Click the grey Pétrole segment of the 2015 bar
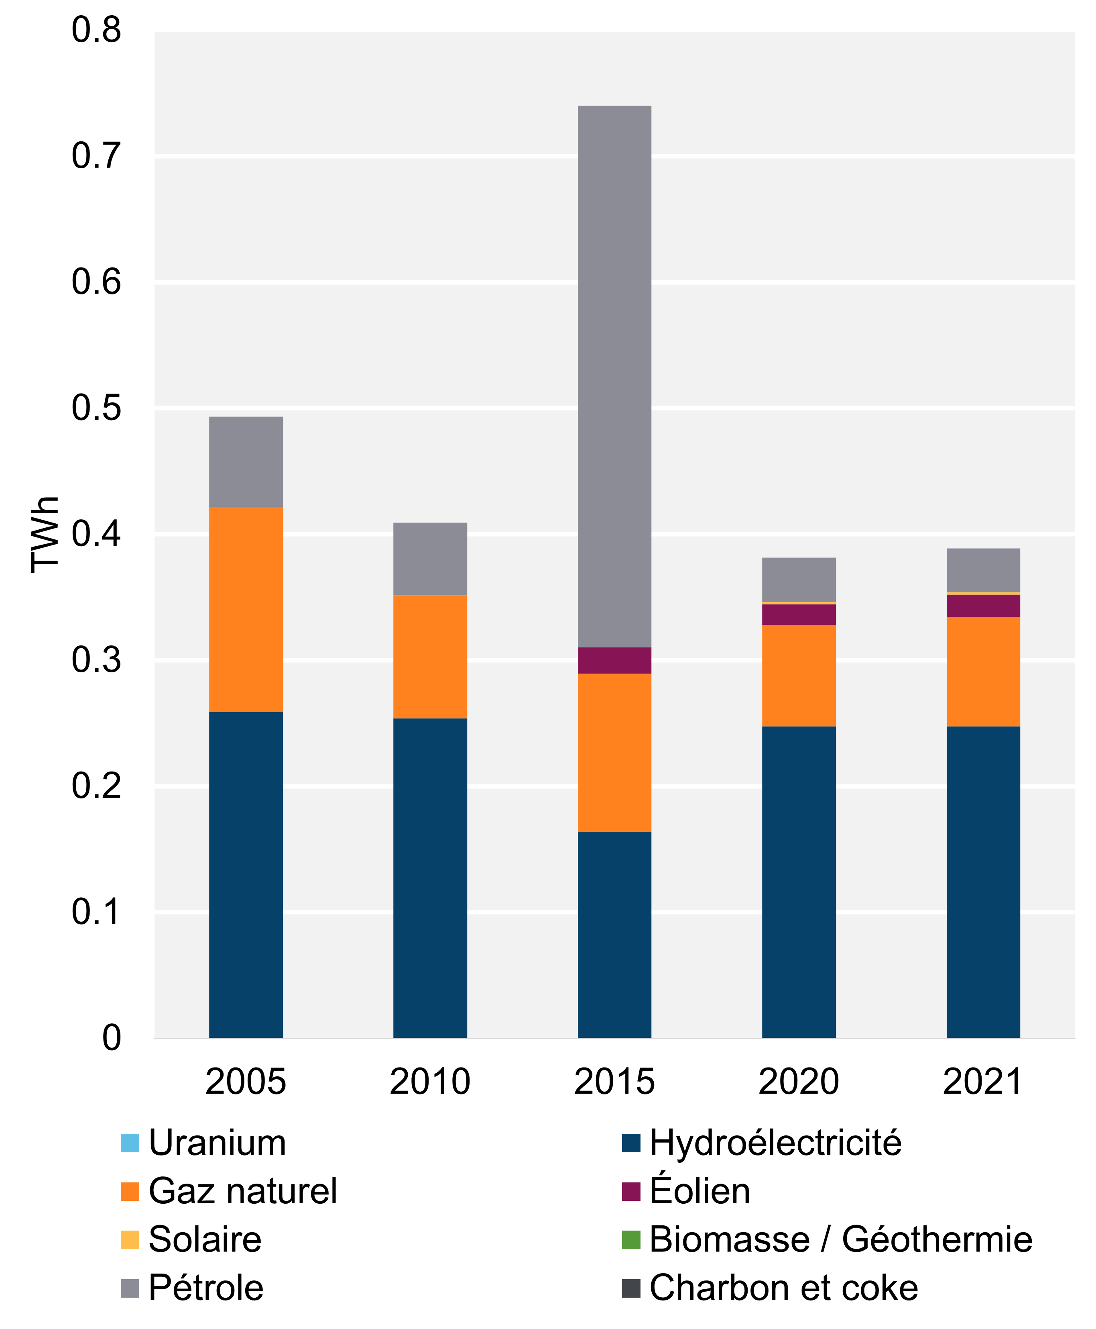coord(614,376)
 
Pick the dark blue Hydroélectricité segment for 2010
coord(430,878)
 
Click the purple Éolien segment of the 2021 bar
coord(983,606)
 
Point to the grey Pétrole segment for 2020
coord(799,579)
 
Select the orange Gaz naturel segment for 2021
coord(983,672)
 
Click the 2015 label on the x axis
coord(614,1081)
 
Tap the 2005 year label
coord(246,1081)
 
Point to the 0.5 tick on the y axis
coord(96,407)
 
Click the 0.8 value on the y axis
coord(96,30)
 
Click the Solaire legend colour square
coord(129,1239)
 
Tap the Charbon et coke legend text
coord(783,1288)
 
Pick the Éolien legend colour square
coord(631,1191)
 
